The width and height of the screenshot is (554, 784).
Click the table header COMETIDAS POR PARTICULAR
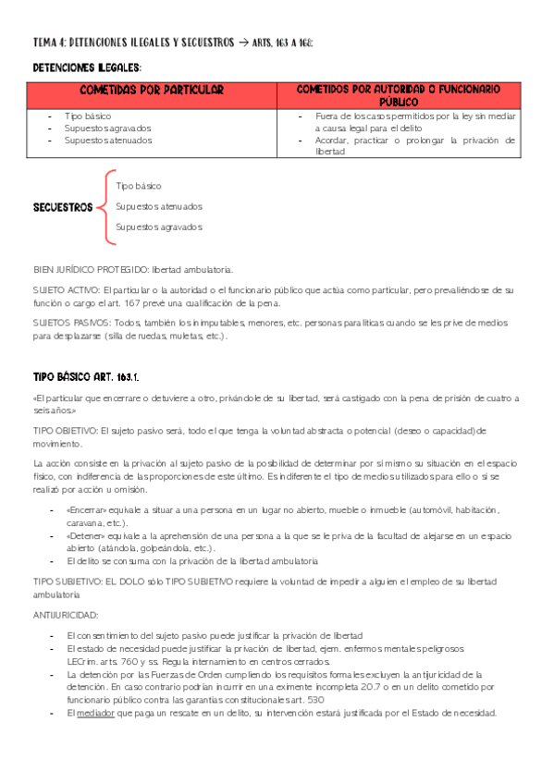153,90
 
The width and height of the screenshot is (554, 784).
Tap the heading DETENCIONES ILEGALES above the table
87,67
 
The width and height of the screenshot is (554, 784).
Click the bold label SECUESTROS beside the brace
63,207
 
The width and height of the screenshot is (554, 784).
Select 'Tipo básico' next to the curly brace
139,186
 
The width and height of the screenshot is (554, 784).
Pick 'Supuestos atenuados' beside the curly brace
159,206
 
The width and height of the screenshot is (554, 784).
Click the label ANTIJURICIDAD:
66,615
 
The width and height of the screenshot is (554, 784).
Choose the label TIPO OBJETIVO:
65,430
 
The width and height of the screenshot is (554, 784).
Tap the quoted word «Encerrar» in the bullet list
88,509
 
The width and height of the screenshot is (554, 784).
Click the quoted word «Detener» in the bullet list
86,534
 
